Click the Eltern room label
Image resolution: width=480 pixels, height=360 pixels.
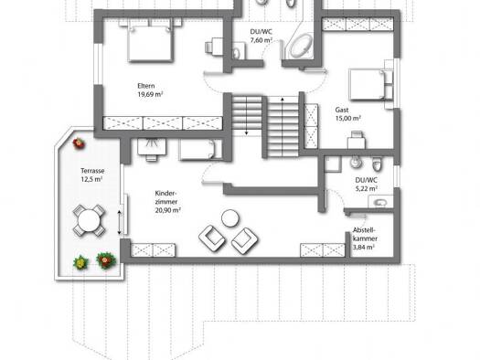click(x=146, y=86)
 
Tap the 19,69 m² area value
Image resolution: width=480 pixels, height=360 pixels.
click(x=150, y=94)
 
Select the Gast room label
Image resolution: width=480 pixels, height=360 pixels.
click(x=342, y=110)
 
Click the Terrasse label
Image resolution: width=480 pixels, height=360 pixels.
click(x=92, y=171)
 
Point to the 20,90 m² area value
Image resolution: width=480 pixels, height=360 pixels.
click(x=167, y=210)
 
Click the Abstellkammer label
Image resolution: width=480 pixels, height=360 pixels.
click(x=365, y=234)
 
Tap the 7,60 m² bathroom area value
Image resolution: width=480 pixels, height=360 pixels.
click(x=261, y=40)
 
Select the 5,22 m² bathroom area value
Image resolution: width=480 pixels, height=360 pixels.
click(x=367, y=189)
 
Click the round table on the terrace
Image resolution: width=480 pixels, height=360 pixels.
click(x=89, y=220)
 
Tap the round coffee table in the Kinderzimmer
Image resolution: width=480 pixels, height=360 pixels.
click(x=230, y=218)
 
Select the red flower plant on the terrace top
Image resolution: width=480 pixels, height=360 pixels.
click(x=79, y=143)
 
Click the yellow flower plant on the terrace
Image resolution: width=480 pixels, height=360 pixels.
click(x=80, y=262)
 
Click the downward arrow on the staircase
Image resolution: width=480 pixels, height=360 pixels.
click(x=247, y=115)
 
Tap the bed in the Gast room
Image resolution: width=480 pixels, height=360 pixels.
click(x=371, y=85)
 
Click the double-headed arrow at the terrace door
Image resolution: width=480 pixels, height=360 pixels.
click(x=120, y=222)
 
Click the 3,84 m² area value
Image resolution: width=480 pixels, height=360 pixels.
click(x=363, y=248)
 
